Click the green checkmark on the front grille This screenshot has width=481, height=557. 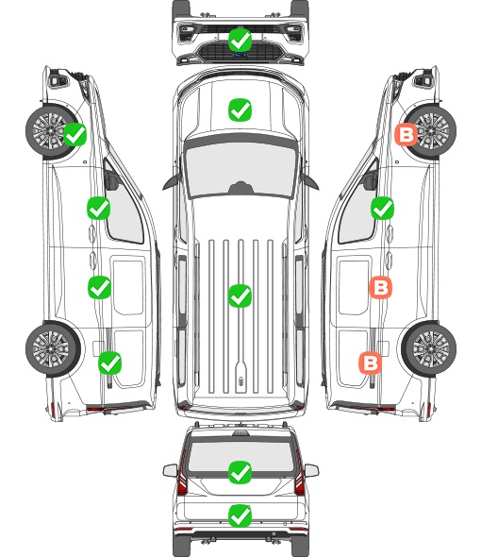(x=240, y=40)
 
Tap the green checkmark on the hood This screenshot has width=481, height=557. (x=240, y=110)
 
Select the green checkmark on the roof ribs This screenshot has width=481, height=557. (x=240, y=295)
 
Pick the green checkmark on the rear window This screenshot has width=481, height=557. (x=240, y=472)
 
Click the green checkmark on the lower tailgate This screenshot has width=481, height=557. (x=240, y=515)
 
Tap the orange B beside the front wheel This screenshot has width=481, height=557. (x=406, y=135)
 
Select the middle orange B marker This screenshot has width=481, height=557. (x=380, y=287)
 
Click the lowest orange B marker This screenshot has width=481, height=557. (x=371, y=363)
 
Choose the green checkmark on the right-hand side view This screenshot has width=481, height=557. (x=382, y=208)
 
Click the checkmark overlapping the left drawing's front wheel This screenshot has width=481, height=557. (x=75, y=134)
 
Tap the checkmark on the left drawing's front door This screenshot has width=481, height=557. (x=99, y=208)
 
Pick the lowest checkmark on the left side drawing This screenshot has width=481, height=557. (x=109, y=363)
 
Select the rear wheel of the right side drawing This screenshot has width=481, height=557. (x=429, y=349)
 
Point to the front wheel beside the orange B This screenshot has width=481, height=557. (x=430, y=131)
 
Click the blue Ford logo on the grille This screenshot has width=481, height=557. (x=240, y=55)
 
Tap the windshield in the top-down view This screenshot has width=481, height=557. (x=240, y=170)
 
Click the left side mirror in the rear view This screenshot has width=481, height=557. (x=170, y=471)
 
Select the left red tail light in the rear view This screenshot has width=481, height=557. (x=182, y=474)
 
